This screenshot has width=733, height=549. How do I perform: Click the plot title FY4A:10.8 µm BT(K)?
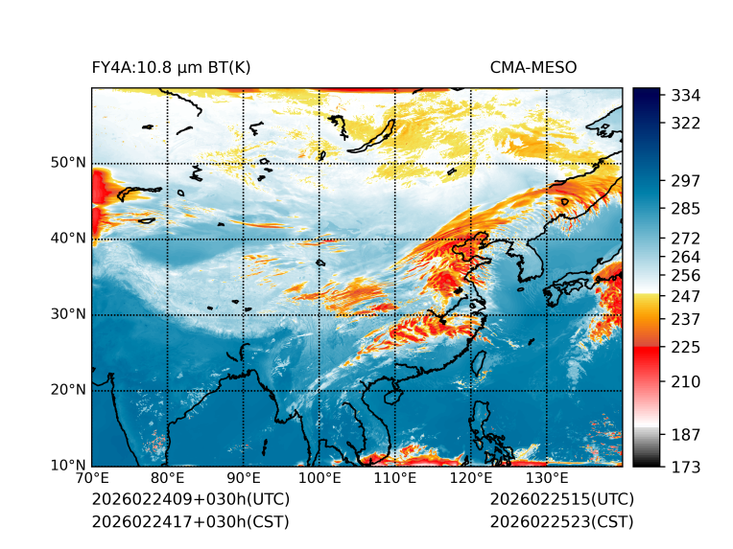[172, 67]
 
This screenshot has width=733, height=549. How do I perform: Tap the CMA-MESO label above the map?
[533, 67]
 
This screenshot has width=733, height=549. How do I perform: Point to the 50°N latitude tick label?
[68, 163]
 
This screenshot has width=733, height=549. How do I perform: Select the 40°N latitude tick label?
[68, 239]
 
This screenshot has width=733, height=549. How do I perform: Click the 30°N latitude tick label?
[68, 314]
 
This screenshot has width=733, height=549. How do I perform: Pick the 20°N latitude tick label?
[68, 390]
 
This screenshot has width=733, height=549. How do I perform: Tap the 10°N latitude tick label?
[68, 466]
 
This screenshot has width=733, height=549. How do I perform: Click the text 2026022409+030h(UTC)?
[190, 500]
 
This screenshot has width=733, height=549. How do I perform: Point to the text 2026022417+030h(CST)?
[190, 522]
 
